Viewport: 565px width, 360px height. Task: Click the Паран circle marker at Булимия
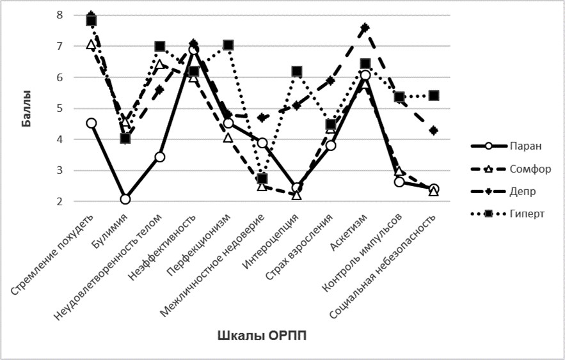(x=125, y=199)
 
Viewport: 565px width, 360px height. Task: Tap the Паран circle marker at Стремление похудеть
(x=92, y=123)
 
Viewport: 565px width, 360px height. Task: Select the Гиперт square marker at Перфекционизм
(x=228, y=45)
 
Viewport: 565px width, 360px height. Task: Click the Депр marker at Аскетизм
(x=365, y=27)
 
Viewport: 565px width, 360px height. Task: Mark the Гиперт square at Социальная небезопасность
(x=433, y=95)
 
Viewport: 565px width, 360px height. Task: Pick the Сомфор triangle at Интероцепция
(x=297, y=194)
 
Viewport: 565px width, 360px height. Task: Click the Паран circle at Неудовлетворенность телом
(x=160, y=157)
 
